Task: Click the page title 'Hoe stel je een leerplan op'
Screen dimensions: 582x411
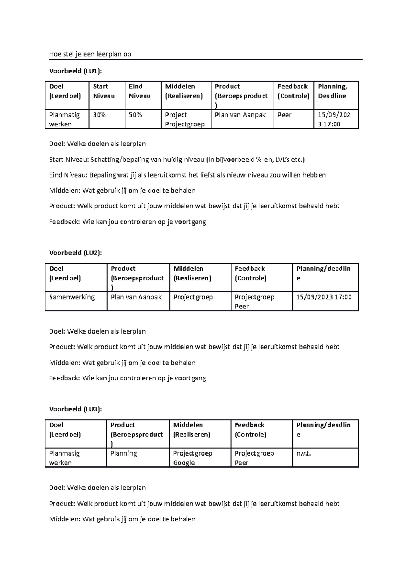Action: (x=90, y=54)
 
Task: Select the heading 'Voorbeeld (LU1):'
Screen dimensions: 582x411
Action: (x=76, y=71)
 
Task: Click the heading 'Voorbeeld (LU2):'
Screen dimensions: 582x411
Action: (x=76, y=253)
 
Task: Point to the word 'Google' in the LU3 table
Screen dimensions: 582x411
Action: (x=184, y=463)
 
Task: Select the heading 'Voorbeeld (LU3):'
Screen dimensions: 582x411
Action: (x=76, y=409)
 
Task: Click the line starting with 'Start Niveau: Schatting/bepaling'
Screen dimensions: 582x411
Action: (x=177, y=159)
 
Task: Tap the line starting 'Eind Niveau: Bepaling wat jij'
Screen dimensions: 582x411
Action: (x=187, y=175)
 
